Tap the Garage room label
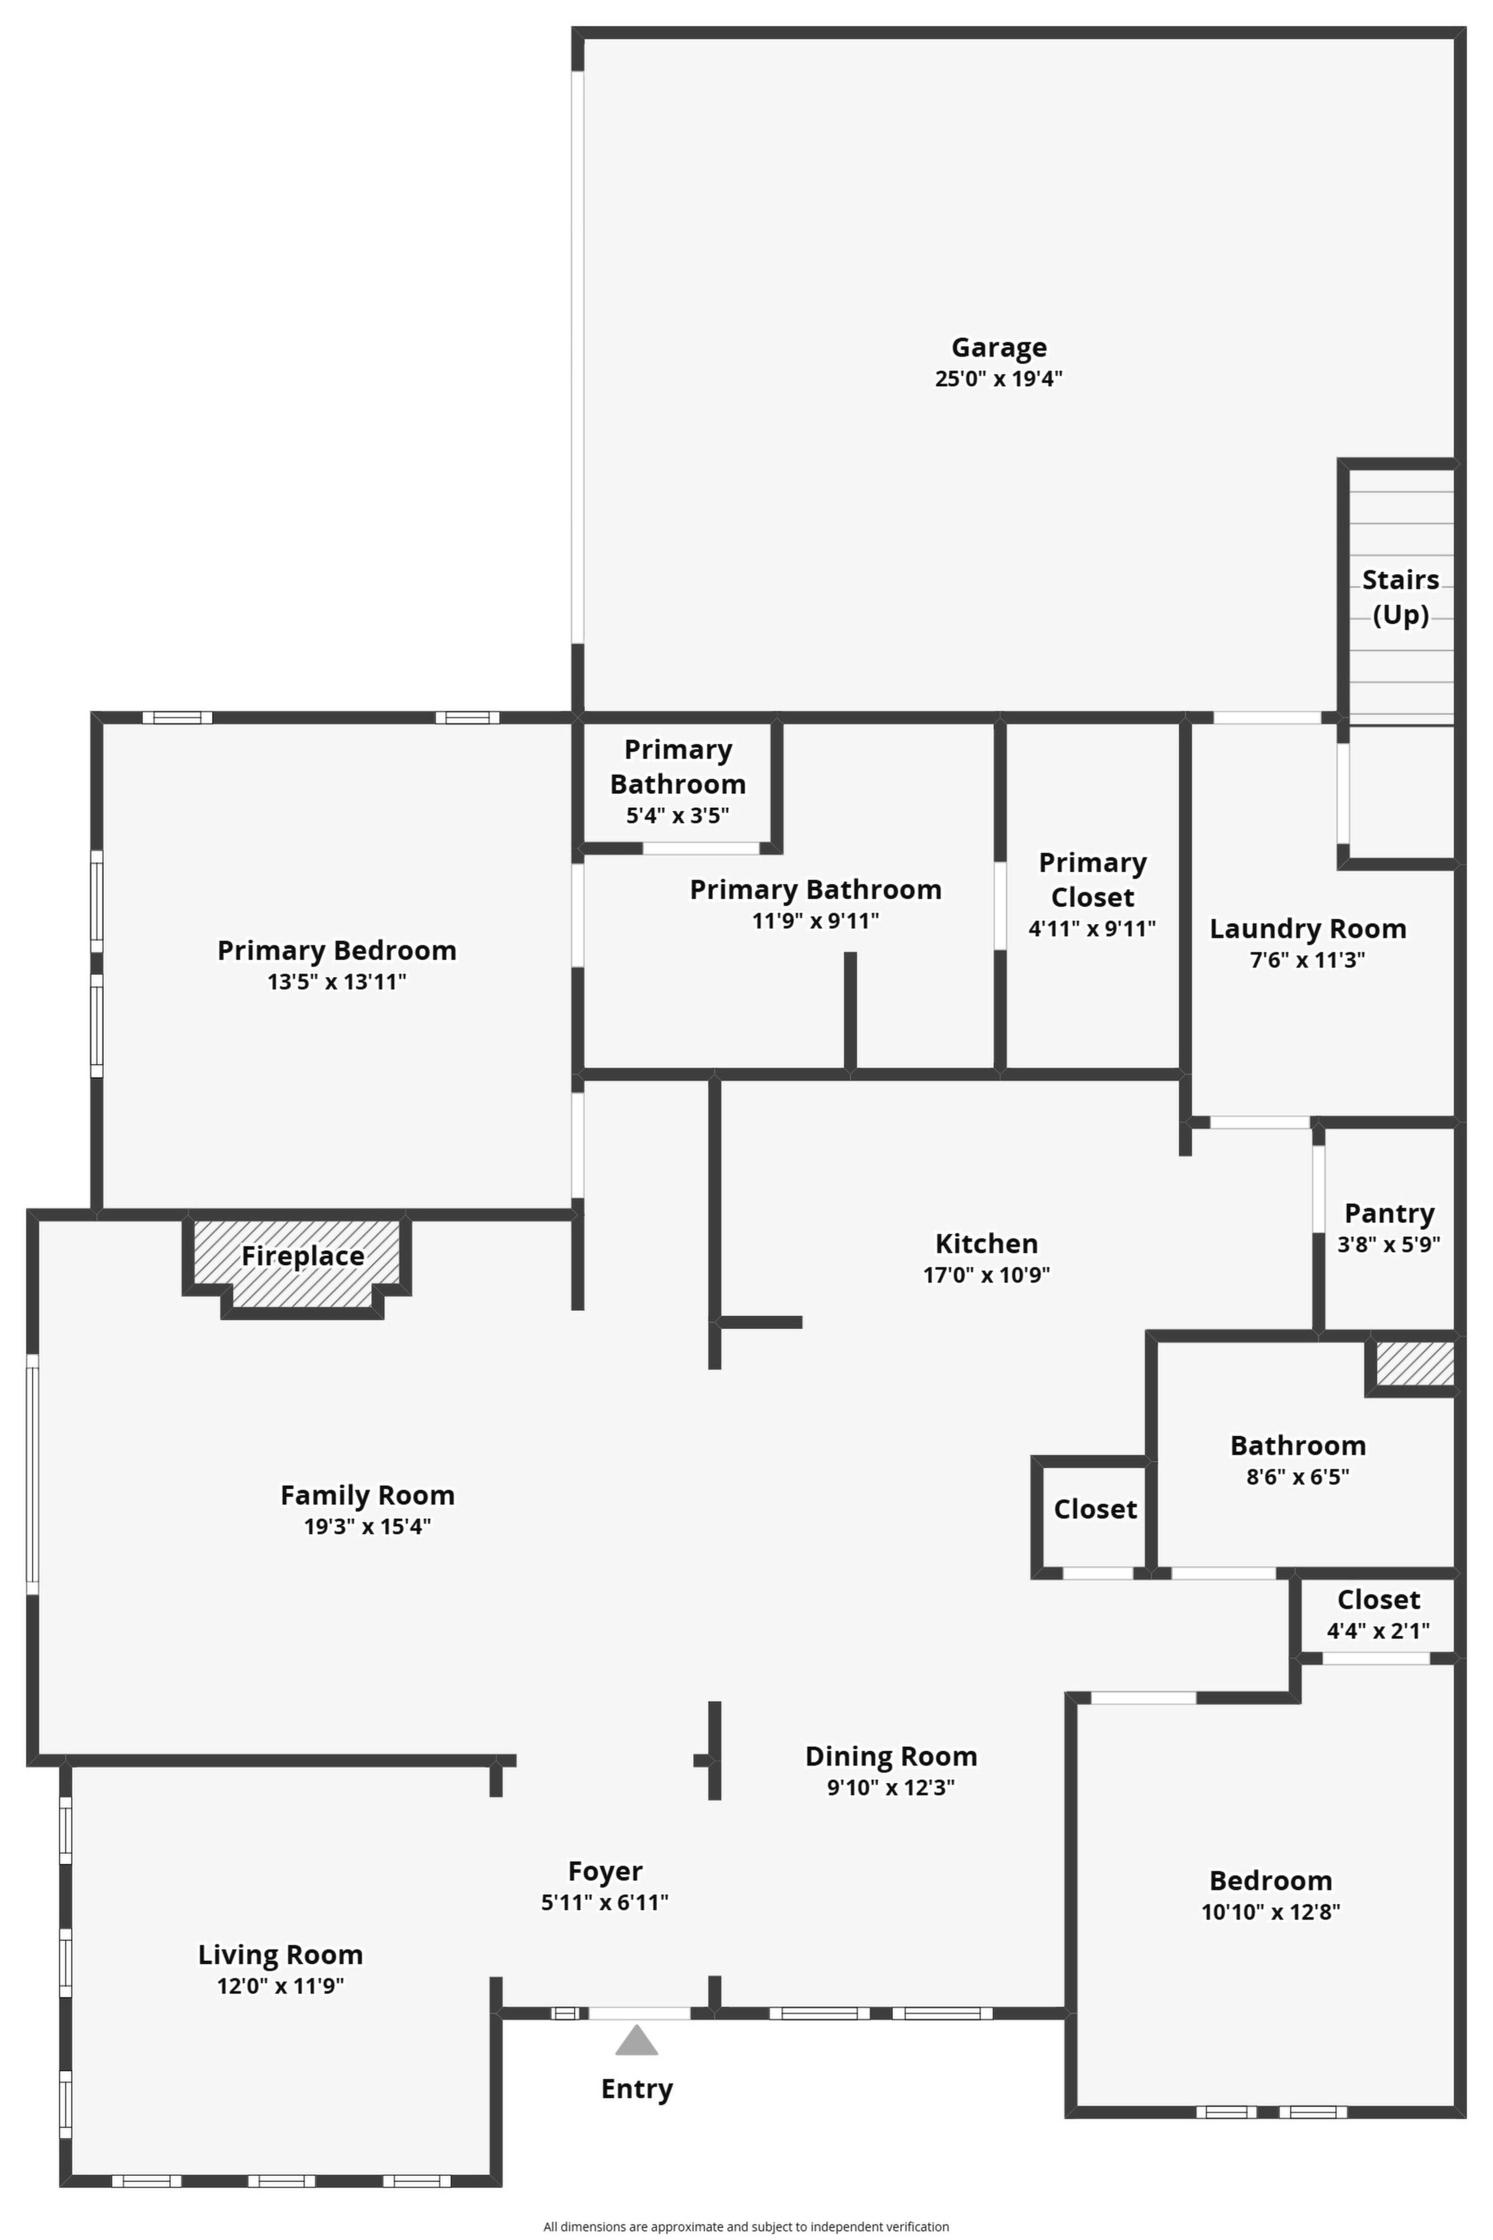[999, 348]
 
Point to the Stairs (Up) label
[1401, 597]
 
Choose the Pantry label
[1389, 1213]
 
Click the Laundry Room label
[1307, 928]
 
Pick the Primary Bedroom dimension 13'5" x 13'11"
[337, 982]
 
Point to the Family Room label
[367, 1495]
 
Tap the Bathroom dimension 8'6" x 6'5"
[1298, 1477]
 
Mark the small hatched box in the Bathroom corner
[1414, 1364]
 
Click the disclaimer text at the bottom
[746, 2227]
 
